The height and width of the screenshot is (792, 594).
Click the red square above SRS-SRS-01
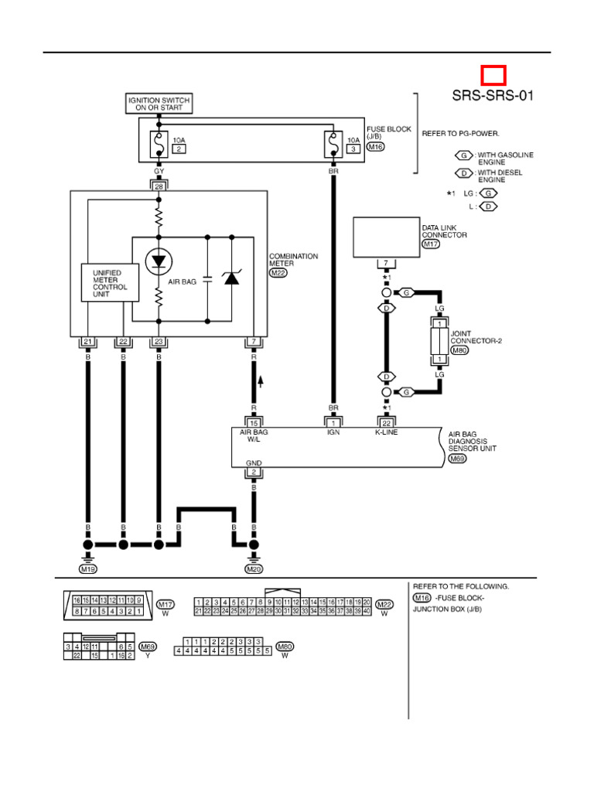[x=493, y=75]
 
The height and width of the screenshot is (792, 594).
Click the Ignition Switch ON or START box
[x=159, y=103]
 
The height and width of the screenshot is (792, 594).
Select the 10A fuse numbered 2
[x=159, y=144]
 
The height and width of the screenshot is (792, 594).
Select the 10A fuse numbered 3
[x=333, y=144]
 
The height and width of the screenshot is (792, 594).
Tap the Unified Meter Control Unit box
[x=111, y=283]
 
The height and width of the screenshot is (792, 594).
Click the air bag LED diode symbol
[x=159, y=261]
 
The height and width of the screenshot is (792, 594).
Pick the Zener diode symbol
[x=231, y=278]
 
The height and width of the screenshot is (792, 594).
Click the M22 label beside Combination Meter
[x=277, y=273]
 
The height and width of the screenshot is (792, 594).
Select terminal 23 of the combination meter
[x=159, y=342]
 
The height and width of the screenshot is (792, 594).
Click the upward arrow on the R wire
[x=260, y=380]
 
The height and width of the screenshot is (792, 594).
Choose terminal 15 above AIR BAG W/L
[x=254, y=422]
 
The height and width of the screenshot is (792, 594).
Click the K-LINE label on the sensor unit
[x=386, y=433]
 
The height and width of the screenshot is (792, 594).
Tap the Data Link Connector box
[x=386, y=237]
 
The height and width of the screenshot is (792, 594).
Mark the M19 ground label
[x=87, y=569]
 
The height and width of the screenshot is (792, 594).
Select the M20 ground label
[x=254, y=569]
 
